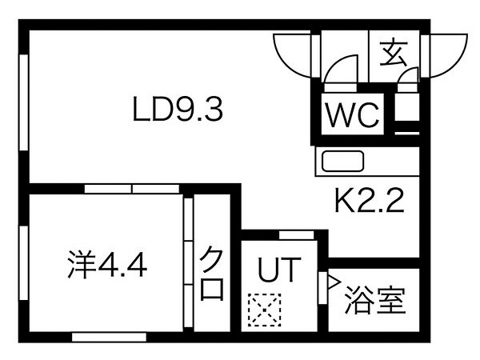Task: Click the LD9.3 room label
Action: coord(178,109)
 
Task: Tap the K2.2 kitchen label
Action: coord(370,201)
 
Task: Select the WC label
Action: coord(352,114)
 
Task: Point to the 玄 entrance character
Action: coord(394,53)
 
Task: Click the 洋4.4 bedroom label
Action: coord(107,265)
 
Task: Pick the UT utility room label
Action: coord(279,270)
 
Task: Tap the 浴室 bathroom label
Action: coord(375,300)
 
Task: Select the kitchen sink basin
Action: coord(343,161)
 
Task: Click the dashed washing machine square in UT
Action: coord(265,310)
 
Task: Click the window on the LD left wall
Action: coord(23,102)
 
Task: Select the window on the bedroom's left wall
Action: coord(23,263)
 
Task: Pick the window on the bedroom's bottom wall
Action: coord(110,337)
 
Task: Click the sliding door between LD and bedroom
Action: coord(132,189)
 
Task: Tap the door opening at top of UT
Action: coord(296,235)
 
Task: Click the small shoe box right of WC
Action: coord(407,107)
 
